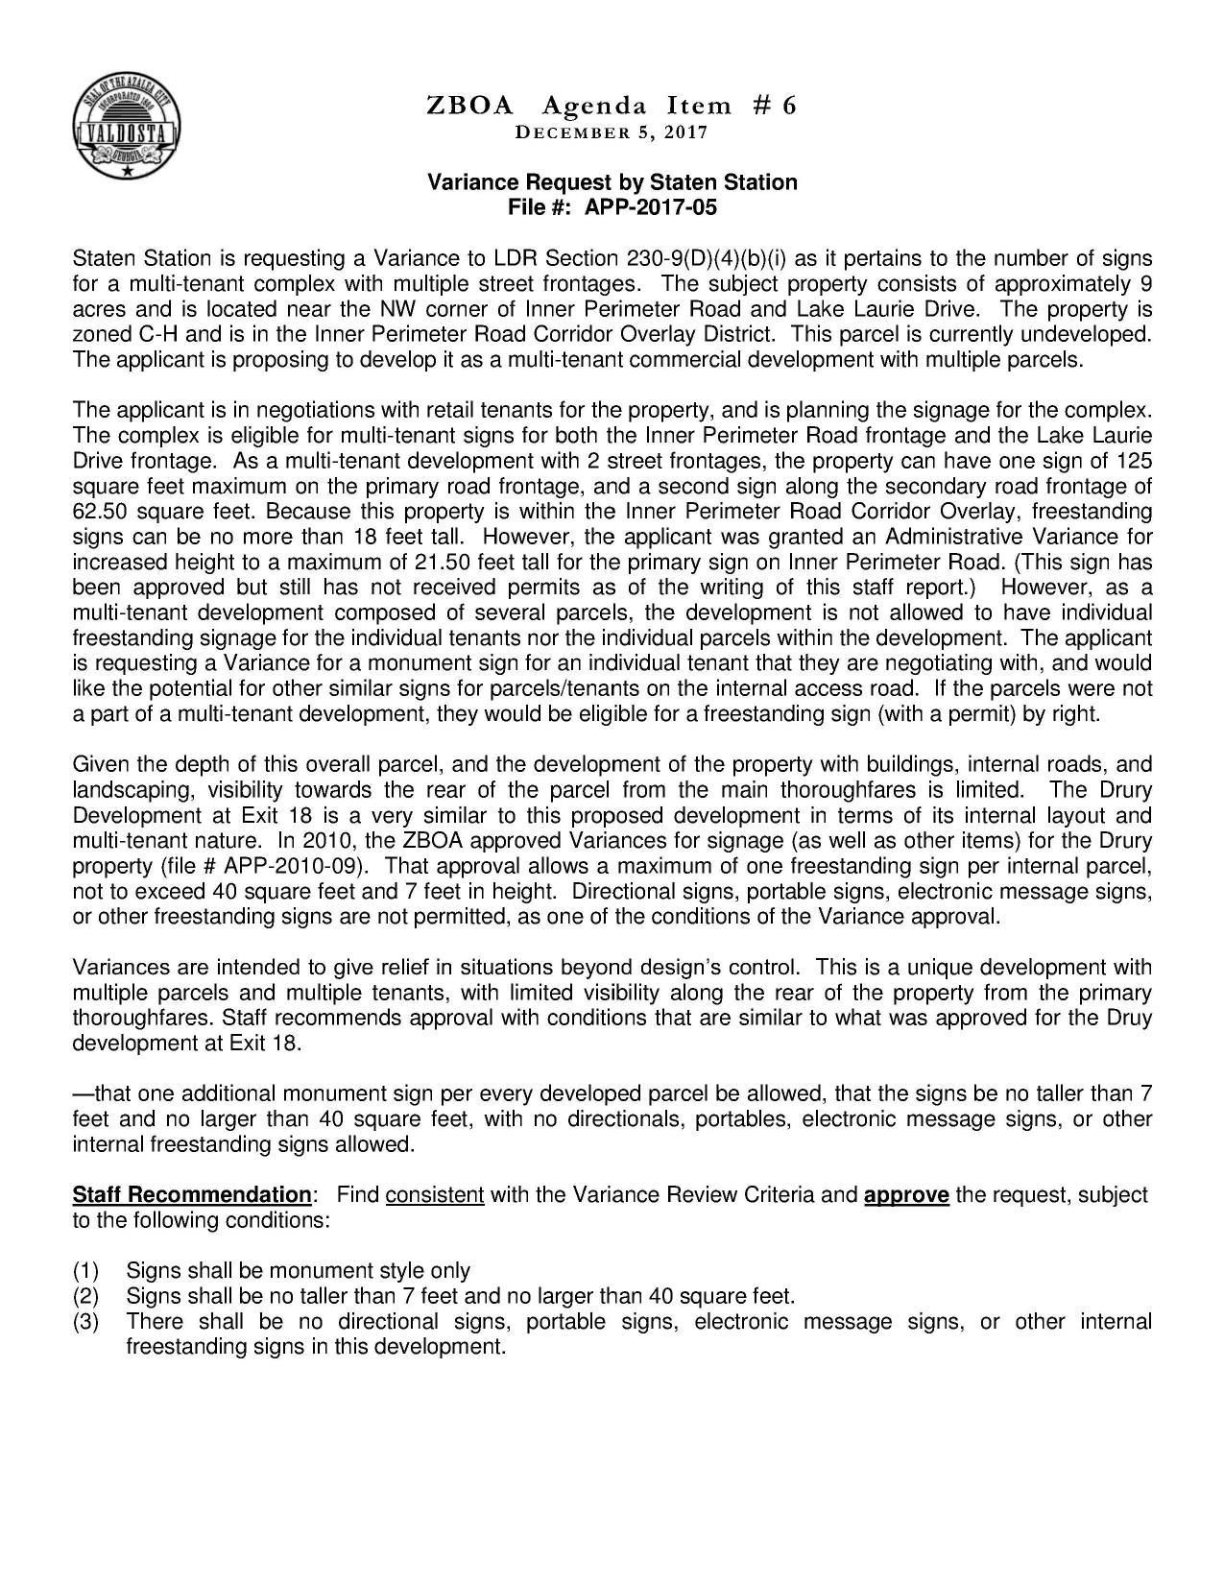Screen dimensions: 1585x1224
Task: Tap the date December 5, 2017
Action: pyautogui.click(x=612, y=132)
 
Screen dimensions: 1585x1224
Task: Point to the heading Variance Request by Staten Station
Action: pyautogui.click(x=612, y=182)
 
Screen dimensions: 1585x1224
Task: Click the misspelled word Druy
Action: pyautogui.click(x=1130, y=1018)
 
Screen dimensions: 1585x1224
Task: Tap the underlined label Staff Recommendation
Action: pyautogui.click(x=192, y=1195)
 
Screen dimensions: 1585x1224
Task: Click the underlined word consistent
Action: pyautogui.click(x=434, y=1195)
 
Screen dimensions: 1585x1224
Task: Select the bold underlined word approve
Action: pyautogui.click(x=906, y=1195)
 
